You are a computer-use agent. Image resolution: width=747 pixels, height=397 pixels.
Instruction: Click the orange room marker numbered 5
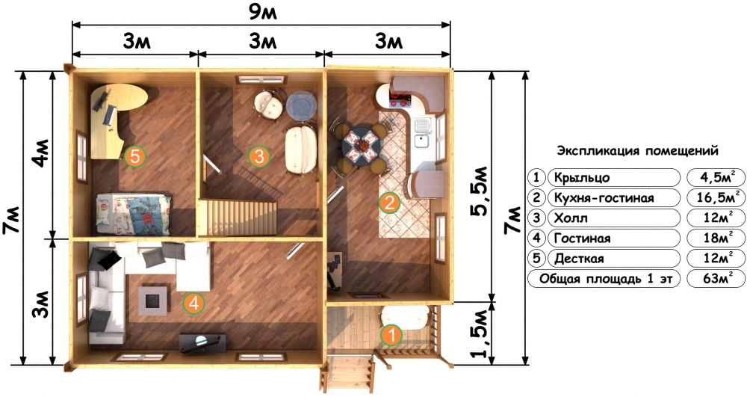(134, 156)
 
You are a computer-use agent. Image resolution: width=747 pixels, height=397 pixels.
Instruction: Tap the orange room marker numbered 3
(259, 156)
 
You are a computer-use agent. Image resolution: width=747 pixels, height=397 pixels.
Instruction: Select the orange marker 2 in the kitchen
(389, 203)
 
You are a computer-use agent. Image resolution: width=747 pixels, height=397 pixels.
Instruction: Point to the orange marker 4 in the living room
(194, 303)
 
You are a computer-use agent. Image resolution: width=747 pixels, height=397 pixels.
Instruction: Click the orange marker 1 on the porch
(391, 335)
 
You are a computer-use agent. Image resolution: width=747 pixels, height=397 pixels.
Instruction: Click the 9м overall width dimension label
(262, 13)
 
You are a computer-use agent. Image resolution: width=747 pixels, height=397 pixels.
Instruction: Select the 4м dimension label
(41, 153)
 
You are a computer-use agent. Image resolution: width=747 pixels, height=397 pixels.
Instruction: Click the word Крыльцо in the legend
(581, 178)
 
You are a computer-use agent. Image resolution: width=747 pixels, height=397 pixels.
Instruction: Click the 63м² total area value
(717, 278)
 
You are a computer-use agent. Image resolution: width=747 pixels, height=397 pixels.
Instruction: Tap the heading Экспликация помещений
(637, 151)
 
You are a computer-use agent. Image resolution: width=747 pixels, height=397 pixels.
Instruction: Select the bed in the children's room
(134, 214)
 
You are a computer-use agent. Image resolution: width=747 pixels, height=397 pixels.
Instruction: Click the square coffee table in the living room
(153, 300)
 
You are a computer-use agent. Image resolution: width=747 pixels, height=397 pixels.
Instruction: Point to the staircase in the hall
(238, 218)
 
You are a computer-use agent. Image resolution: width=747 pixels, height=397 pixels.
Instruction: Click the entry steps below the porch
(347, 374)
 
